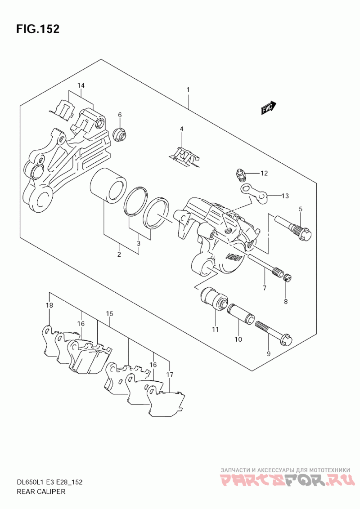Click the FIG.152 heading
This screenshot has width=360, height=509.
[38, 29]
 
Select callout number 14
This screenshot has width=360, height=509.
[81, 85]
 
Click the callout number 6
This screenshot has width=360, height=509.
[120, 115]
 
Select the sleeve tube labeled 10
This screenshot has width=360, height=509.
[241, 314]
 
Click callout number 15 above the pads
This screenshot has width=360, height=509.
[109, 313]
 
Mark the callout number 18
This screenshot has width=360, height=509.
[49, 305]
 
